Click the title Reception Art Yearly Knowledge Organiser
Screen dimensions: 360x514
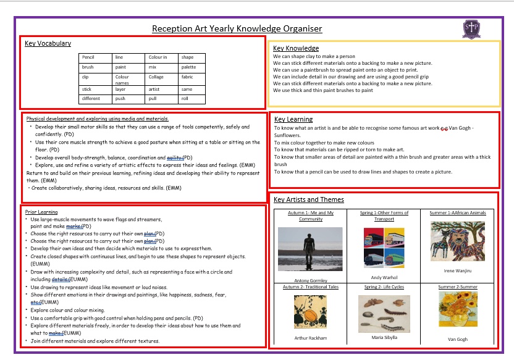tap(237, 28)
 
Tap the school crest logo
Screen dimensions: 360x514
tap(473, 28)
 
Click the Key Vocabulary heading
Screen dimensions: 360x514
tap(48, 43)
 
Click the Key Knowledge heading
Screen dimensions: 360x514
tap(296, 48)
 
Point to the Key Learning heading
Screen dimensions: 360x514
tap(293, 119)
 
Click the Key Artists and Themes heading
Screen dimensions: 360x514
tap(308, 199)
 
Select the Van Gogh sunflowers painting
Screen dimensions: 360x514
tap(458, 309)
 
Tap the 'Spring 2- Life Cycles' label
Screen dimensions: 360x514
tap(380, 287)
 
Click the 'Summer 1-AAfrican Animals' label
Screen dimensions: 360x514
tap(458, 213)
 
